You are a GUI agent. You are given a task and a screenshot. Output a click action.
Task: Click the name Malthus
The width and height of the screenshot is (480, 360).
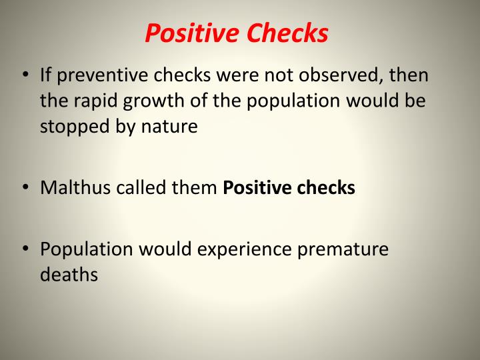(x=75, y=188)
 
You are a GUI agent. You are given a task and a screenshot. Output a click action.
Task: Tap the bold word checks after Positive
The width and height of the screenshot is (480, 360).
(x=326, y=188)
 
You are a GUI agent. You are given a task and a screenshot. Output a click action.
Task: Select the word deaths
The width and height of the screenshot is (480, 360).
(x=69, y=275)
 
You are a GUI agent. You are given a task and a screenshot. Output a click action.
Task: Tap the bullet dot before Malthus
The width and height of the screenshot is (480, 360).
(x=24, y=188)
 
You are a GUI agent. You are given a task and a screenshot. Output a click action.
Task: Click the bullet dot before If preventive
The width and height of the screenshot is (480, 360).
(x=24, y=75)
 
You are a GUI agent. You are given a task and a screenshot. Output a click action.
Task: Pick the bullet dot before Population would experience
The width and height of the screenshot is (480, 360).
(x=24, y=249)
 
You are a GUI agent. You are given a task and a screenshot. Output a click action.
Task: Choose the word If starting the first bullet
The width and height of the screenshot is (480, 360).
(x=46, y=75)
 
